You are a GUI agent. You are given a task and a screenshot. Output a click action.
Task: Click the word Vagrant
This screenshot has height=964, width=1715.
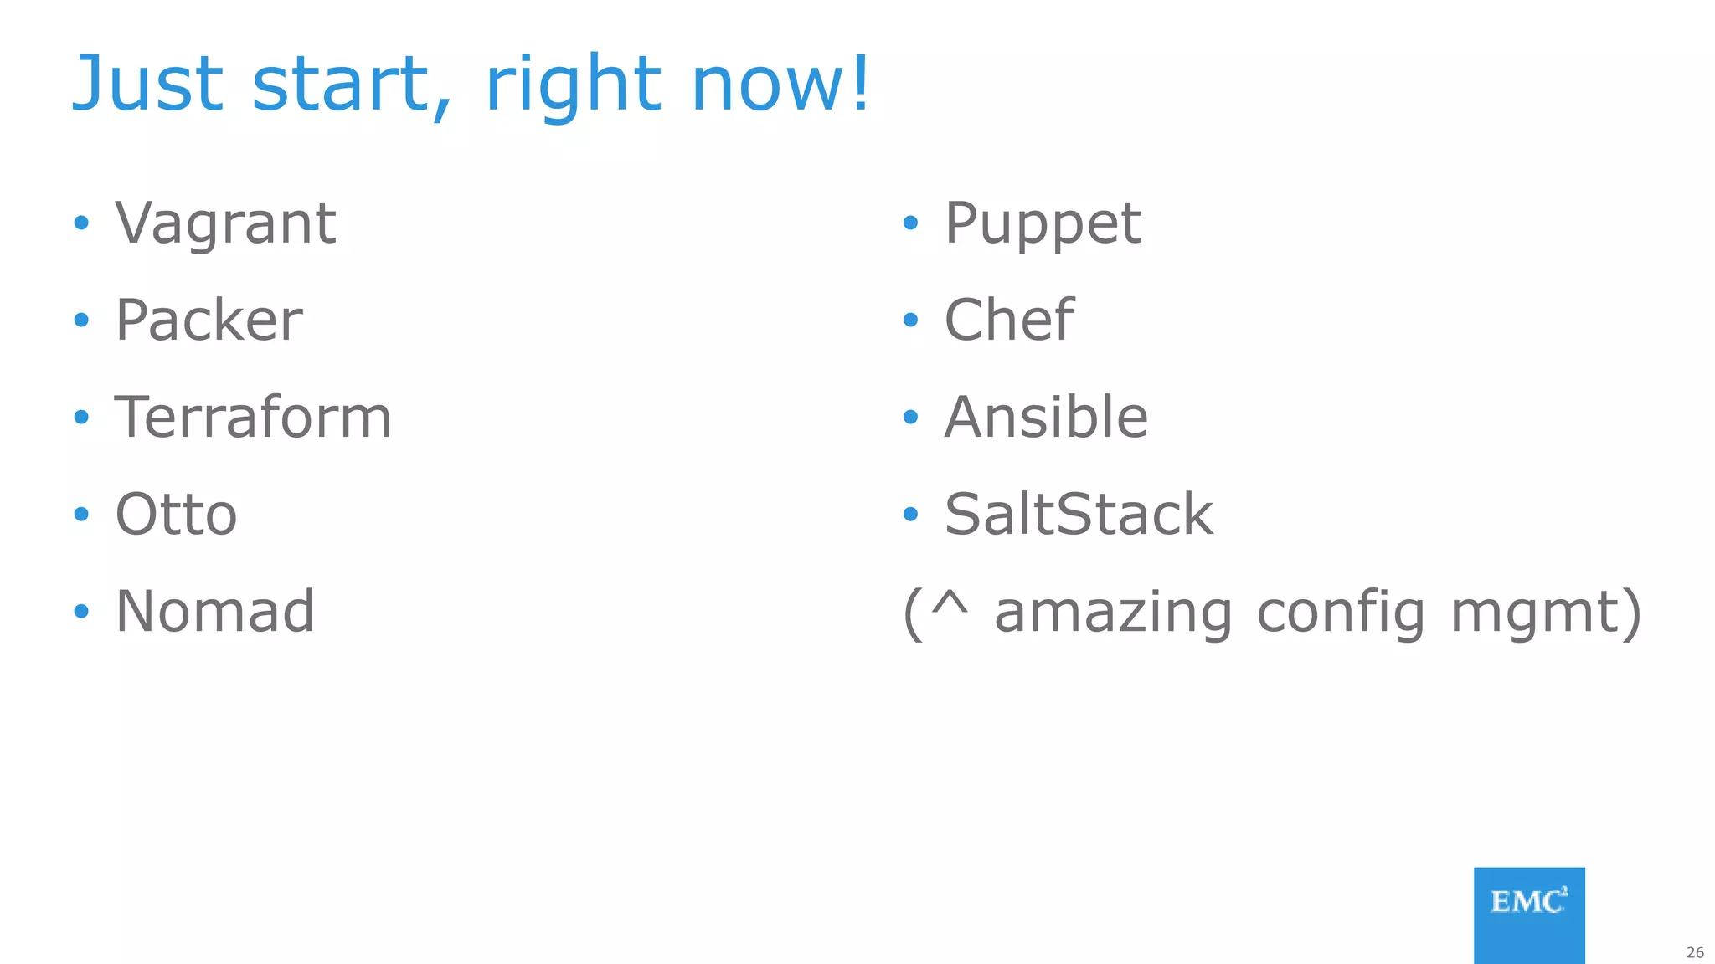pos(225,223)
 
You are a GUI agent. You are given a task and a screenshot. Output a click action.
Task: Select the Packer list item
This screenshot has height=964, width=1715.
pos(209,320)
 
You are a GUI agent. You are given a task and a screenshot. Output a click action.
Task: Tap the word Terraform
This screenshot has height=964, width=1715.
pos(253,417)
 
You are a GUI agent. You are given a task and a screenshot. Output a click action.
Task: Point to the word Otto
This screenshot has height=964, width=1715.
pos(176,514)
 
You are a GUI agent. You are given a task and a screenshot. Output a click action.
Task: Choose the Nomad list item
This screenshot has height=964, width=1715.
pos(215,611)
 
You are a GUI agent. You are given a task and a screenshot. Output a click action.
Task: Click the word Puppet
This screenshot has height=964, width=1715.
pos(1043,223)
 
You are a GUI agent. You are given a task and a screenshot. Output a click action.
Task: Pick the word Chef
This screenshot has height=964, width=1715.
pos(1008,320)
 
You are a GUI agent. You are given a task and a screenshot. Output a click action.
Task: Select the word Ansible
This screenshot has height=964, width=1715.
pos(1046,417)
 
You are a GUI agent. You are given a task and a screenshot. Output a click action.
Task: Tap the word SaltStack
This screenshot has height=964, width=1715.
pos(1079,514)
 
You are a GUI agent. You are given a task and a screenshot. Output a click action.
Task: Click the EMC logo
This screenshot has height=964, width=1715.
pos(1529,915)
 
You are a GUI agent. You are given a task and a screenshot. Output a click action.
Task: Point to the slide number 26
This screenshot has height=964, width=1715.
pos(1695,952)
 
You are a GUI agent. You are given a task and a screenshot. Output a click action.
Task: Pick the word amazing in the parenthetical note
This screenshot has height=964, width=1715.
pos(1113,613)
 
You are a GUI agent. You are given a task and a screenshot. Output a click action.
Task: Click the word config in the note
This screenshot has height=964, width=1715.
pos(1341,613)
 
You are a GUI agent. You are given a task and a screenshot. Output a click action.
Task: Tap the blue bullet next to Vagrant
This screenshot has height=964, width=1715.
pos(81,223)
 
